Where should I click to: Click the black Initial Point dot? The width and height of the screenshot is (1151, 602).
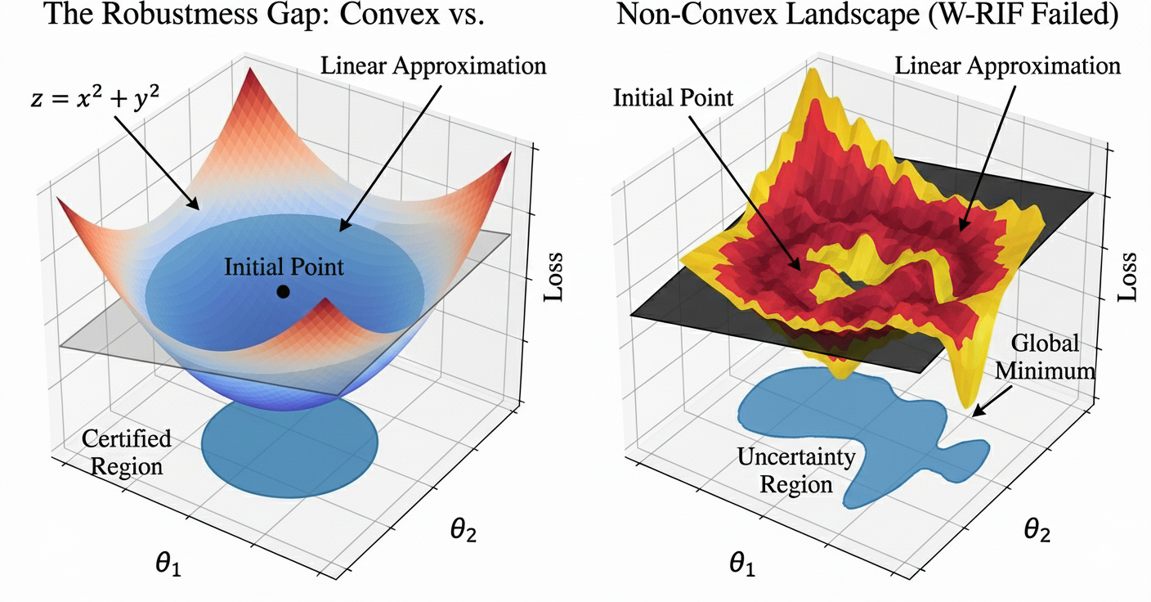coord(283,291)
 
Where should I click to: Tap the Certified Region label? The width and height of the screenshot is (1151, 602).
coord(127,452)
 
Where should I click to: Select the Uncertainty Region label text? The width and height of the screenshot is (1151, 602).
coord(796,470)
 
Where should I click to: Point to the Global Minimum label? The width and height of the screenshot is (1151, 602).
coord(1050,357)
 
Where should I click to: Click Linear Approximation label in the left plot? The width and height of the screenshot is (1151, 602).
coord(432,65)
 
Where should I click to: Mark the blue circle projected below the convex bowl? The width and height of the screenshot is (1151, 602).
coord(289,447)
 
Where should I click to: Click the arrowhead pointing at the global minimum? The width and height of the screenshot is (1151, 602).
coord(976,411)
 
